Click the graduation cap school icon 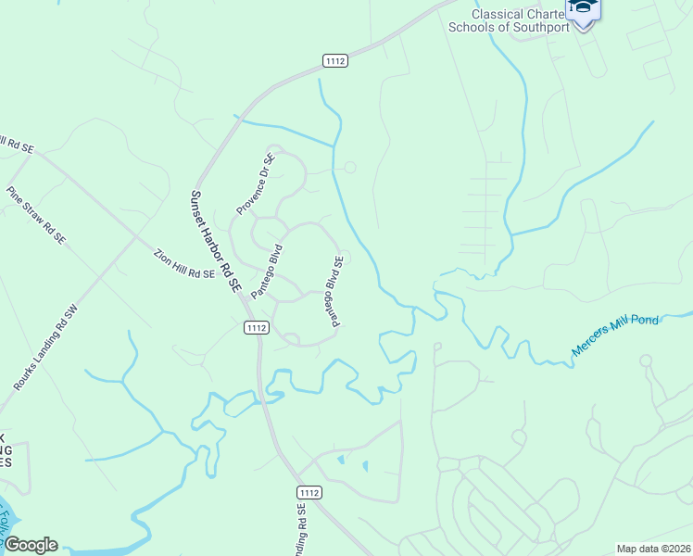tap(583, 9)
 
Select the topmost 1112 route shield tap(335, 61)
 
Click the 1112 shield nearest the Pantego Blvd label tap(257, 327)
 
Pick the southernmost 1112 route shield tap(309, 490)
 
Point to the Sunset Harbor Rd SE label tap(215, 243)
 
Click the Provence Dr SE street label tap(256, 184)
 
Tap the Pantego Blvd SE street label tap(334, 291)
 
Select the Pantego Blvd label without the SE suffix tap(265, 271)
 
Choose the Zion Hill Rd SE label tap(184, 264)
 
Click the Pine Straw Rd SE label tap(36, 215)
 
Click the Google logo tap(30, 545)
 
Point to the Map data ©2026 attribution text tap(653, 549)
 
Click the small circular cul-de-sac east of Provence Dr tap(349, 168)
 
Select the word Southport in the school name tap(536, 27)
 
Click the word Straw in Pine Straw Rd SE tap(35, 214)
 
